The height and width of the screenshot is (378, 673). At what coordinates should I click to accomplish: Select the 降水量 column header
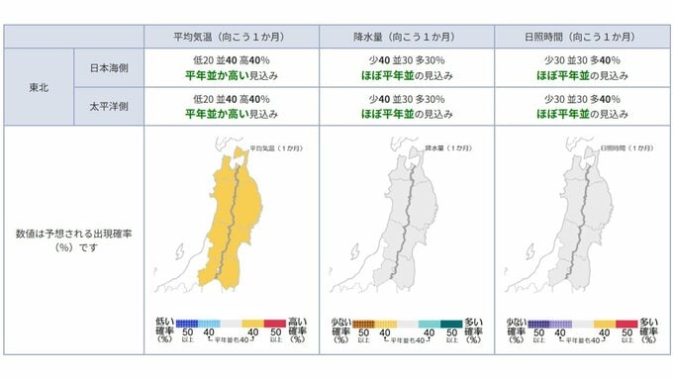pyautogui.click(x=405, y=37)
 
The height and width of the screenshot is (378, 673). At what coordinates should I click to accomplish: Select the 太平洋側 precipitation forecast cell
pyautogui.click(x=405, y=106)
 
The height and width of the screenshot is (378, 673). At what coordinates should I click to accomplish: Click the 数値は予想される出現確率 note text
pyautogui.click(x=74, y=239)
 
